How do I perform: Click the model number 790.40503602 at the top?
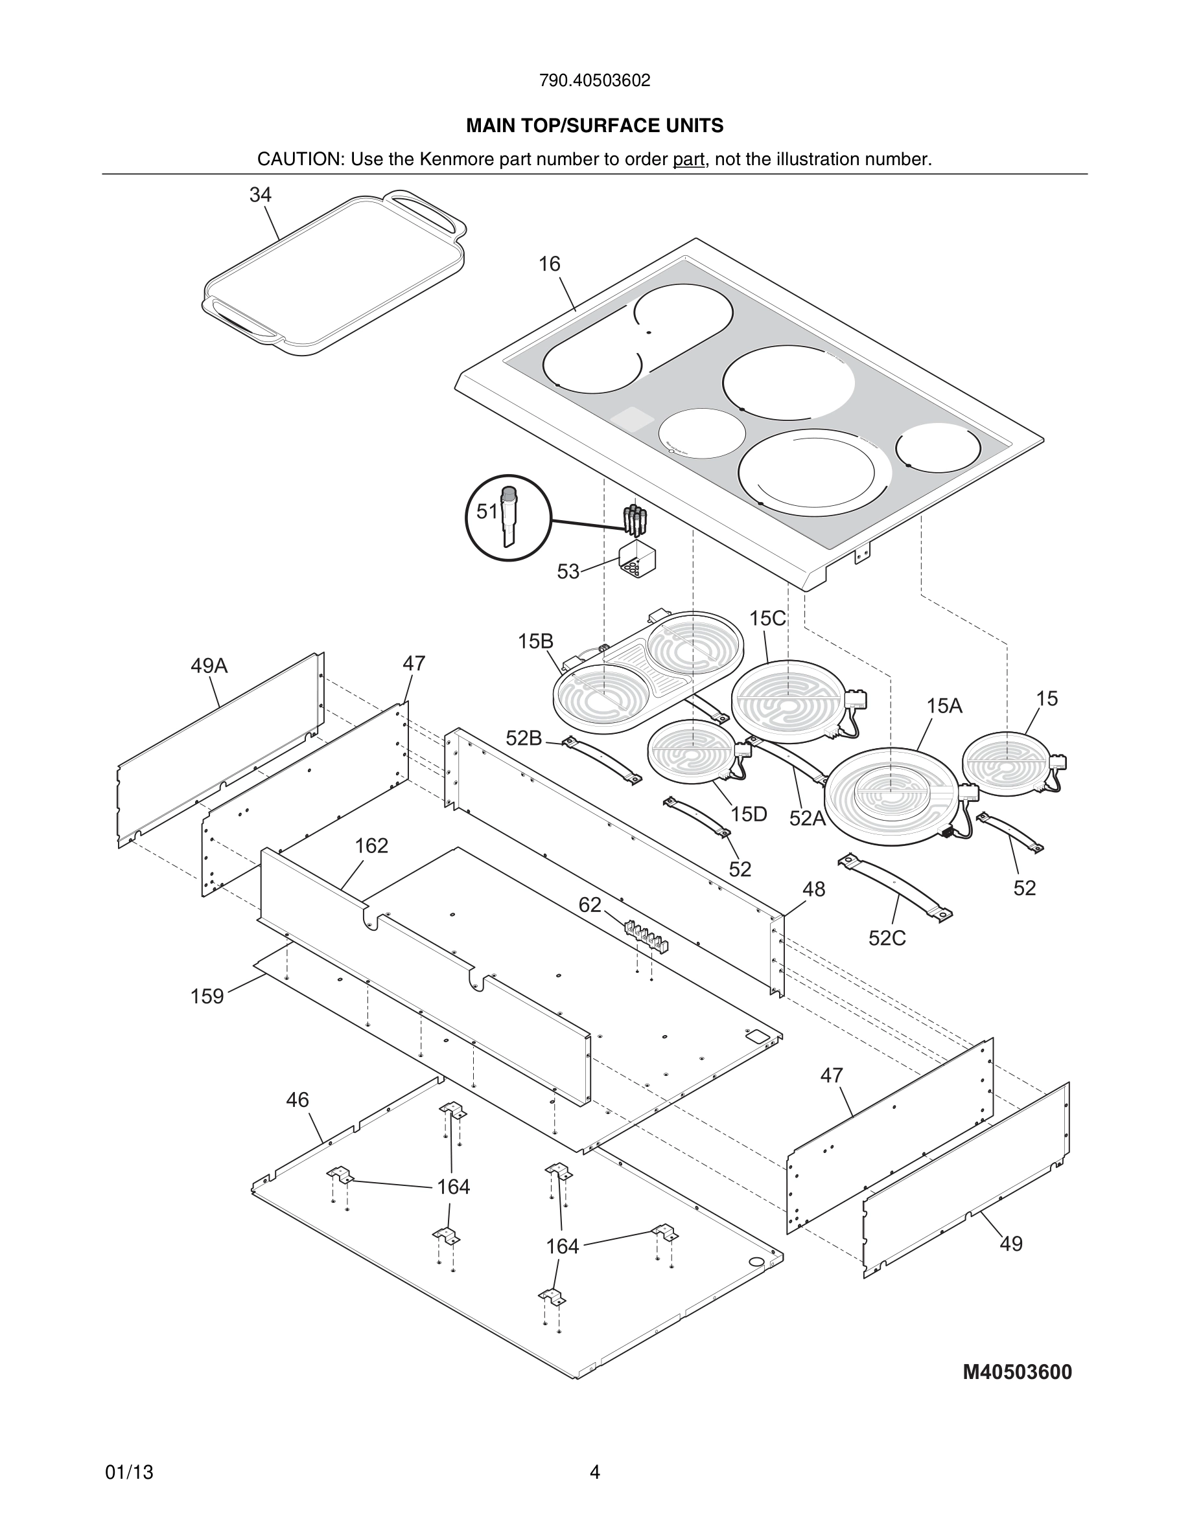pyautogui.click(x=594, y=81)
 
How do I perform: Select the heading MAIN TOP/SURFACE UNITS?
pyautogui.click(x=594, y=126)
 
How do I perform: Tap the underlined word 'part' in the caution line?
pyautogui.click(x=688, y=160)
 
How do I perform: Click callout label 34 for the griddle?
pyautogui.click(x=260, y=195)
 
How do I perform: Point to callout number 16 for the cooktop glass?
pyautogui.click(x=549, y=264)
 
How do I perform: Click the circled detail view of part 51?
pyautogui.click(x=507, y=518)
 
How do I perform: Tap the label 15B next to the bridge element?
pyautogui.click(x=535, y=641)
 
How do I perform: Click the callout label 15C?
pyautogui.click(x=767, y=619)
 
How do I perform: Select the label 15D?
pyautogui.click(x=748, y=815)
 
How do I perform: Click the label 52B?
pyautogui.click(x=524, y=738)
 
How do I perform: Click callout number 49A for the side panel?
pyautogui.click(x=209, y=666)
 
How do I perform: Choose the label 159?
pyautogui.click(x=207, y=996)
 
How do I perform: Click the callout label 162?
pyautogui.click(x=371, y=845)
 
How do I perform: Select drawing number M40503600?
pyautogui.click(x=1016, y=1372)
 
